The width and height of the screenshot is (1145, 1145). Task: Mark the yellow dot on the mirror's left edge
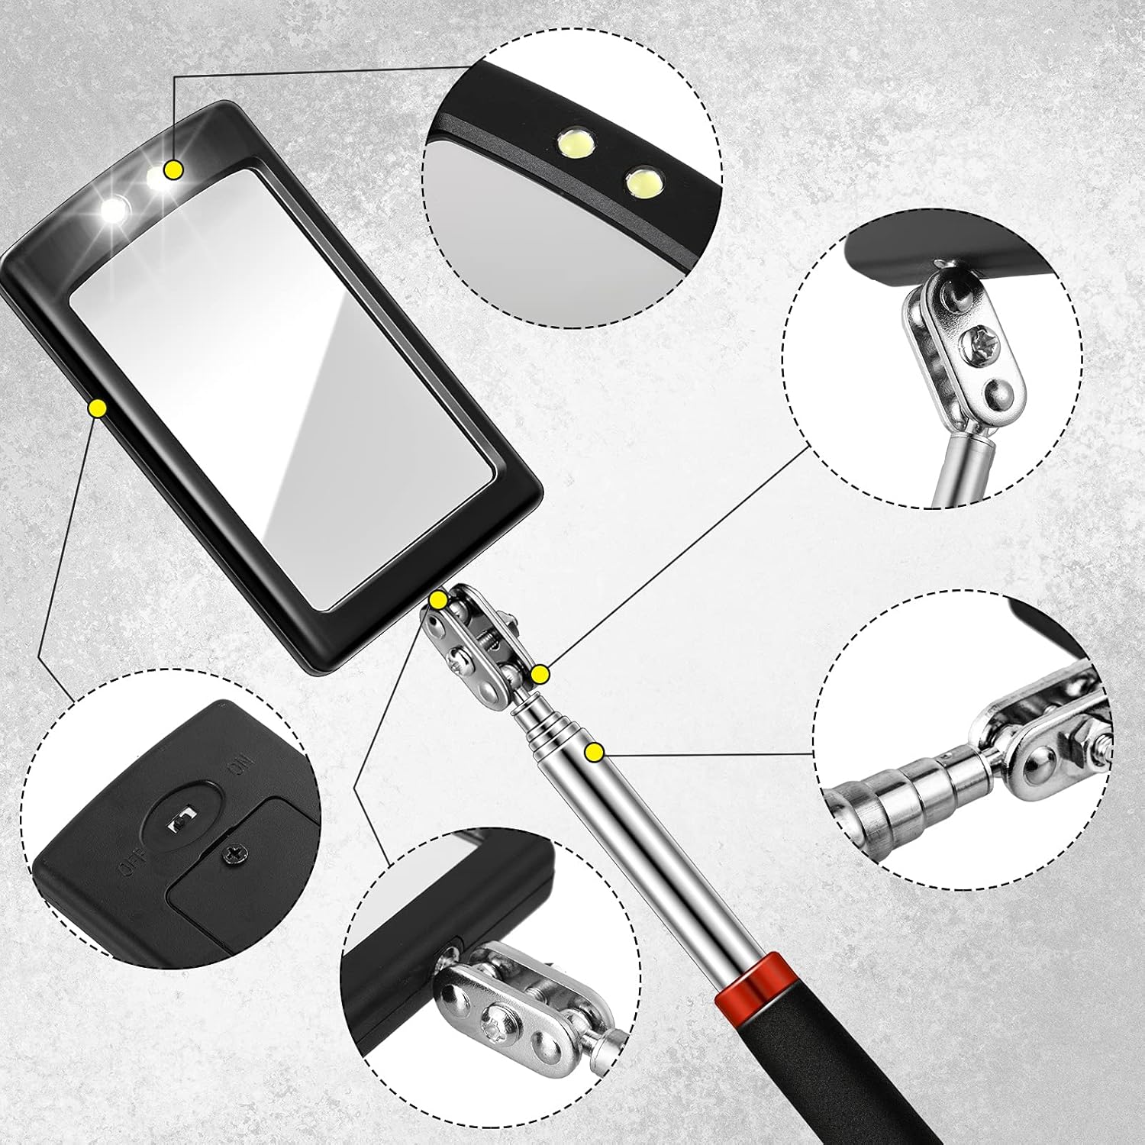(x=97, y=408)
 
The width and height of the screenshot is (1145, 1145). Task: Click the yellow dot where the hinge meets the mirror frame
(x=438, y=600)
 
